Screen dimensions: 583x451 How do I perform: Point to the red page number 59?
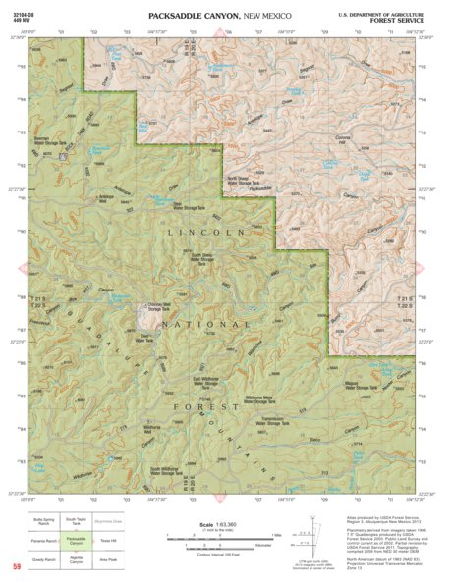pyautogui.click(x=17, y=566)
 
